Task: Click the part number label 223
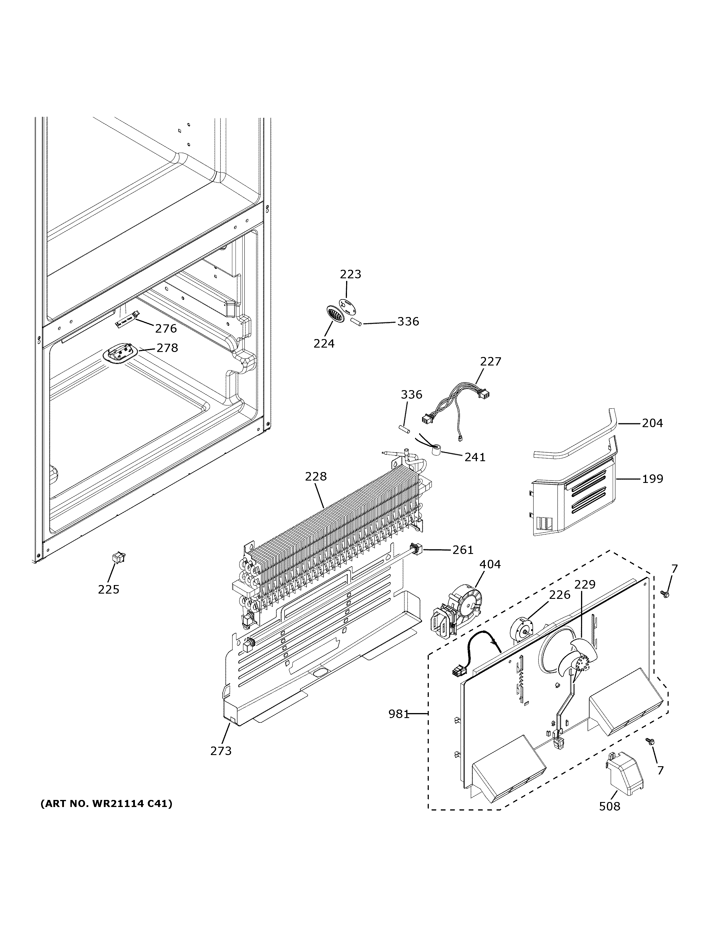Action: click(350, 274)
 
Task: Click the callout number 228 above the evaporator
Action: click(316, 476)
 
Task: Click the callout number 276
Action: click(165, 328)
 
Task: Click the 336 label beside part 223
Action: click(408, 321)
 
